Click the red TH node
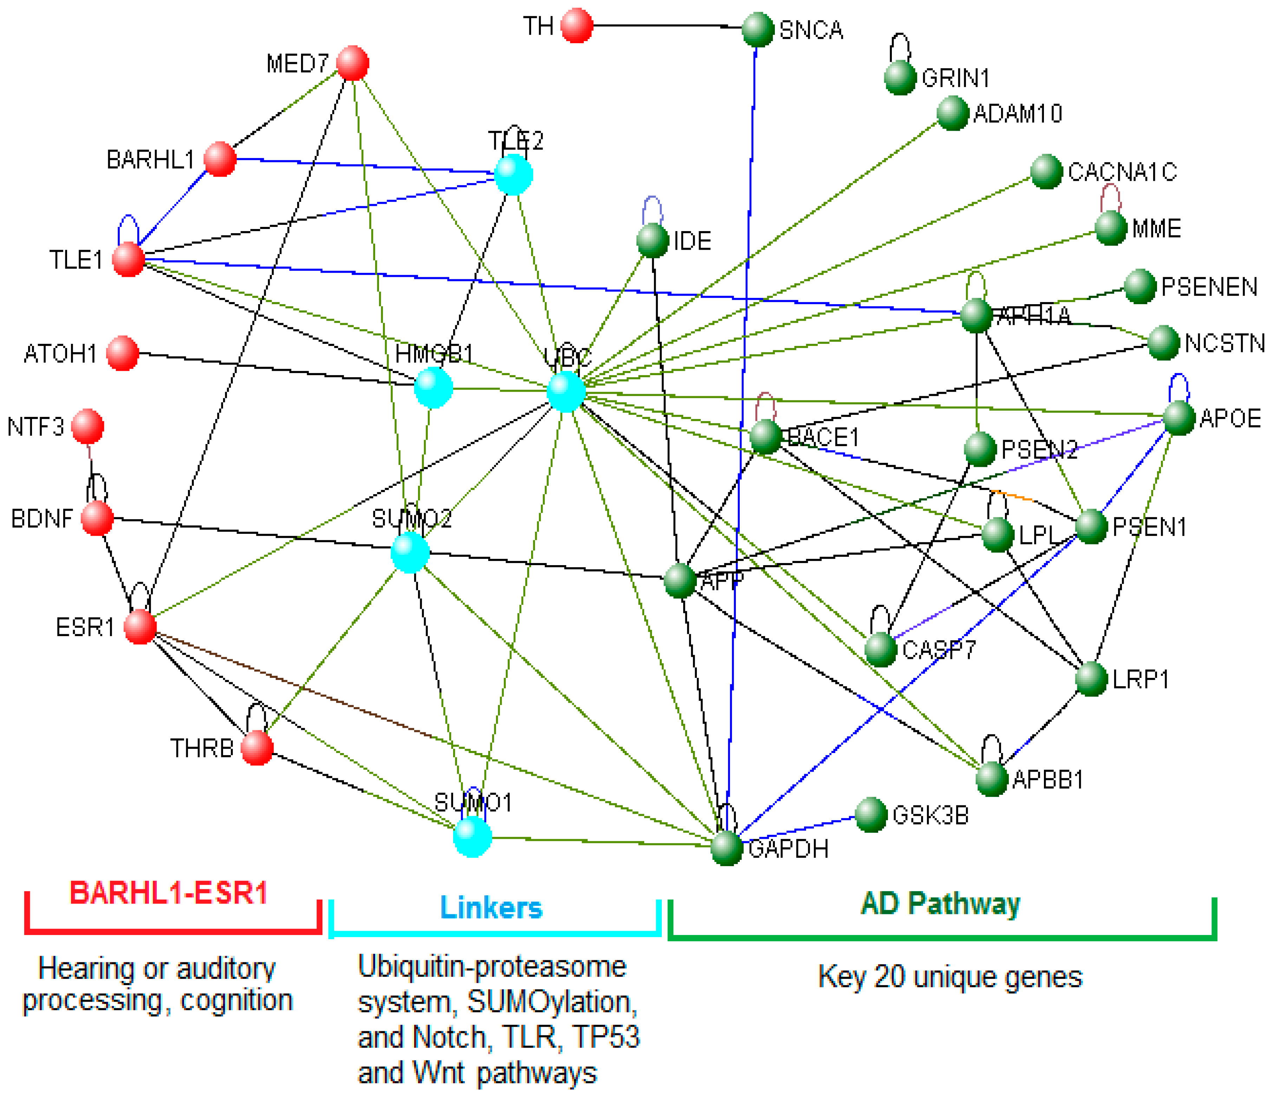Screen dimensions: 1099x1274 (576, 26)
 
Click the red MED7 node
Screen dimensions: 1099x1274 (352, 63)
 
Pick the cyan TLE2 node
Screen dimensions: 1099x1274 (514, 175)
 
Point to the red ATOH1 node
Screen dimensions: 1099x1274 (122, 353)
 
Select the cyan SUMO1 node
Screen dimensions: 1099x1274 (472, 837)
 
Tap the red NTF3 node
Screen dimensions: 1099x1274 (87, 426)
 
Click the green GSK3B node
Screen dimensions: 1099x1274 (871, 815)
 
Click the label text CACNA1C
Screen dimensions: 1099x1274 (1122, 171)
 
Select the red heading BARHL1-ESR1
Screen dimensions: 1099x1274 (169, 893)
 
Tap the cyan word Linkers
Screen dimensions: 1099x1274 (491, 908)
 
